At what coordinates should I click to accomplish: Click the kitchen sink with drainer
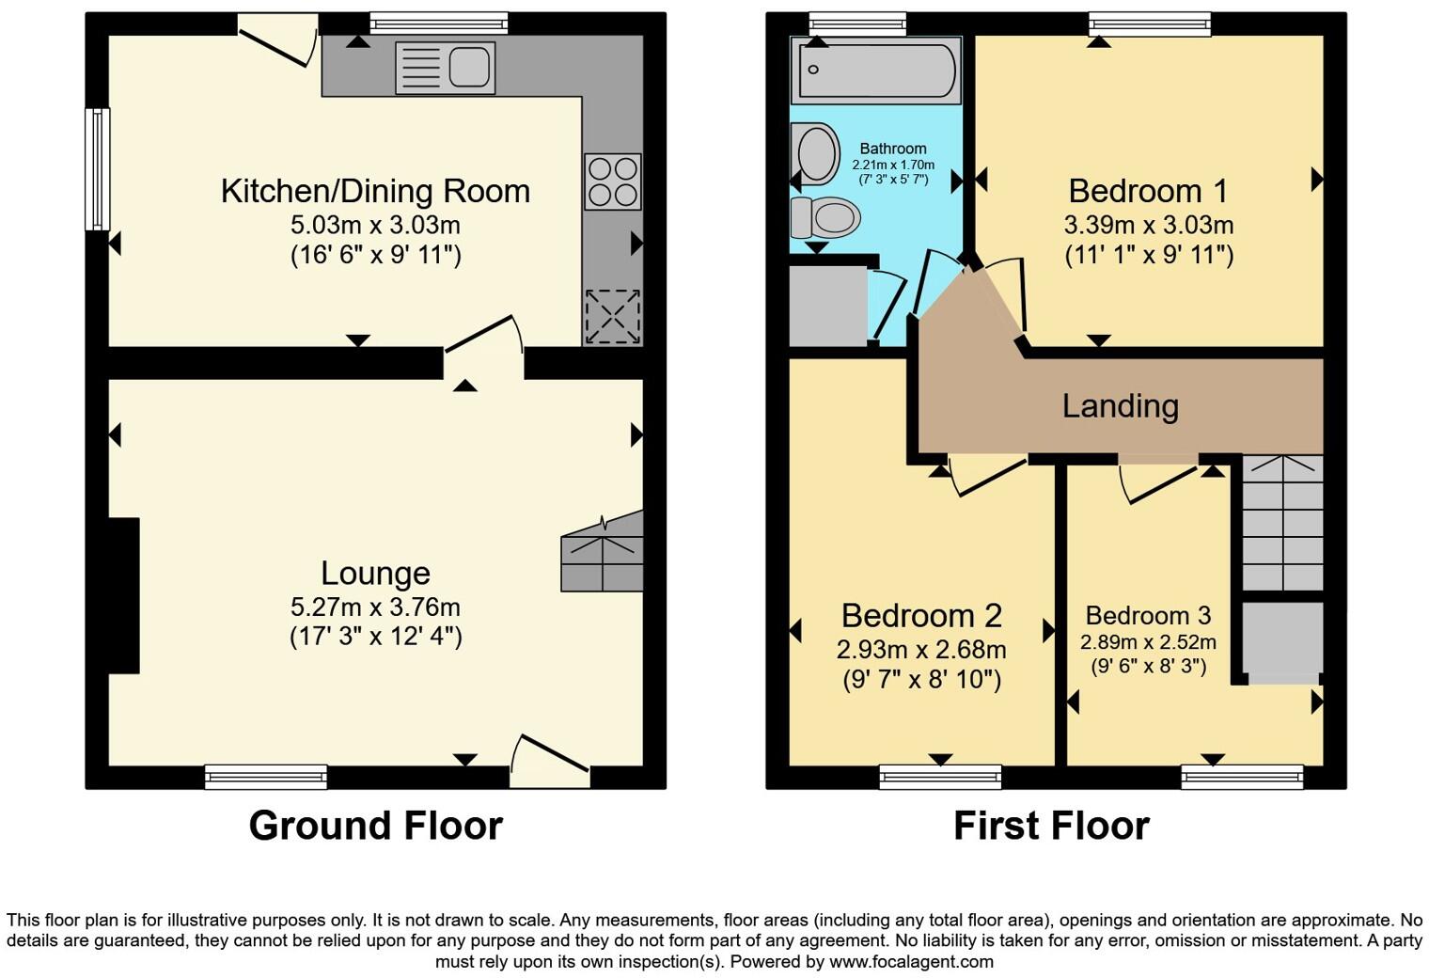446,68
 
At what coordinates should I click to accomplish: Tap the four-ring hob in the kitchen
613,181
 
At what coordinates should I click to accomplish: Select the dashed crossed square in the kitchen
613,317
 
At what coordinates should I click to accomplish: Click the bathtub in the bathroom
876,71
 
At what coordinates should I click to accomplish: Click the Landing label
1120,405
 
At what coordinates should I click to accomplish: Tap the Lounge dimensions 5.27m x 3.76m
375,607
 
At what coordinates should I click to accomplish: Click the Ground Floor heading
375,826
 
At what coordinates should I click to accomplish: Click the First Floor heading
1051,826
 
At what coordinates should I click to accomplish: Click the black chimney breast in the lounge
124,595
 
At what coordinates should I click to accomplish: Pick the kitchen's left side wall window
97,169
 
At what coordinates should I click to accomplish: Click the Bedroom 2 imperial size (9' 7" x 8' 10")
921,679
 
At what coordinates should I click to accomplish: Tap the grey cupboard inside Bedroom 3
1282,639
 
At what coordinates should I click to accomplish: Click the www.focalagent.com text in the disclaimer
910,961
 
